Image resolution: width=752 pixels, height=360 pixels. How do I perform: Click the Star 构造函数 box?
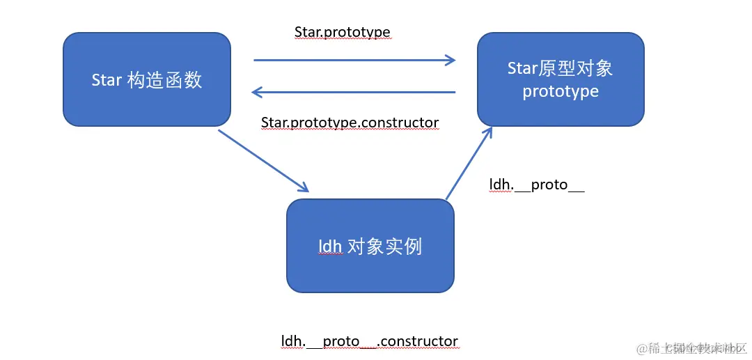click(146, 79)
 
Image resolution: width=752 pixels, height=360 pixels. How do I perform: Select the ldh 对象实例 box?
click(370, 246)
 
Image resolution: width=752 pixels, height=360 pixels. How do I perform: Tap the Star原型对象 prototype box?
click(561, 79)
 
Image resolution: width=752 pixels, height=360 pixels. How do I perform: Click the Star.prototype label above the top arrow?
click(342, 33)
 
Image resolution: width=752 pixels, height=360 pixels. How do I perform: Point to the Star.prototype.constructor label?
click(350, 123)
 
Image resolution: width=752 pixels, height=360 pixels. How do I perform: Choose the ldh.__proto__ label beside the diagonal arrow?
click(536, 185)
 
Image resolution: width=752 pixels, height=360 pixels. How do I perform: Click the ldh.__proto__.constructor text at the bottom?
click(370, 341)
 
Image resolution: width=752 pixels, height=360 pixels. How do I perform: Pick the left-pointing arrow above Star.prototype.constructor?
click(354, 92)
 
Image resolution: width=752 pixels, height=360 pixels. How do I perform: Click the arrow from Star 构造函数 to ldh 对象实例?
click(263, 160)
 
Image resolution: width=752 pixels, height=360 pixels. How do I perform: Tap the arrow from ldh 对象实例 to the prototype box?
click(469, 164)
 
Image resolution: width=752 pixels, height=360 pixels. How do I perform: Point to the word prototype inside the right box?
click(561, 92)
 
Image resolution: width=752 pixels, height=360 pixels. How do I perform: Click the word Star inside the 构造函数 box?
click(107, 80)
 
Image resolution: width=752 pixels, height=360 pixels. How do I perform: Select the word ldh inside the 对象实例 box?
click(330, 246)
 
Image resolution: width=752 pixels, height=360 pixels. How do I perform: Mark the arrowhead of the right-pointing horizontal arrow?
click(450, 61)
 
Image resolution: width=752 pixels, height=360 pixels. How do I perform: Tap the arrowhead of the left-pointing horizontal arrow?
click(257, 92)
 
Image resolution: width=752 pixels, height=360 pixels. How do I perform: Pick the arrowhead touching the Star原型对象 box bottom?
click(488, 133)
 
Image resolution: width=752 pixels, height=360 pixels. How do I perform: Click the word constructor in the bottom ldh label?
click(420, 341)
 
